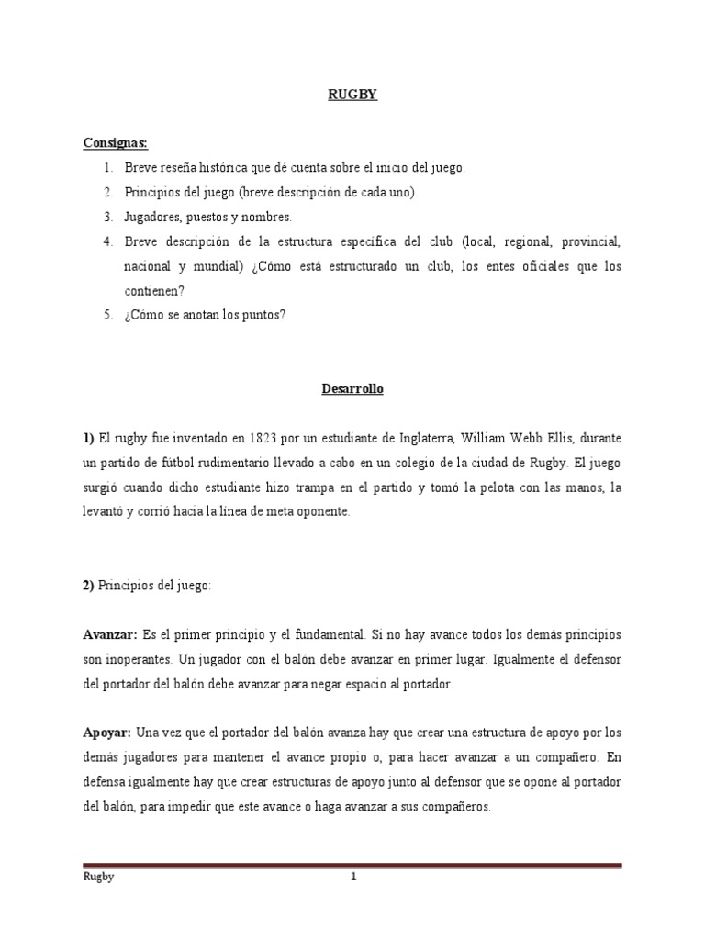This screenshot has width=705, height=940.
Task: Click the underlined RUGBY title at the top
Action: coord(352,94)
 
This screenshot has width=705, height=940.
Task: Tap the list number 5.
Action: coord(106,316)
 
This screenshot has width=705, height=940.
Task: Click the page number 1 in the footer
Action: coord(352,877)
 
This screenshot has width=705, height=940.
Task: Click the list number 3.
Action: coord(106,217)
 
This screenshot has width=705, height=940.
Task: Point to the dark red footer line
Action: coord(352,865)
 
